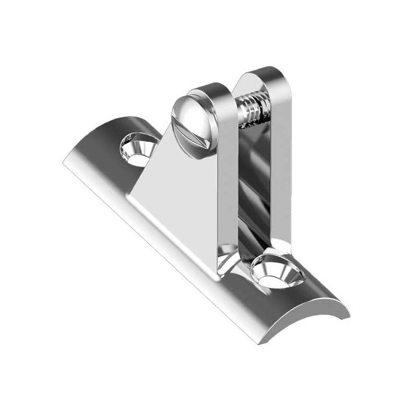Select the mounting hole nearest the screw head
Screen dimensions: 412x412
pos(139,147)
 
